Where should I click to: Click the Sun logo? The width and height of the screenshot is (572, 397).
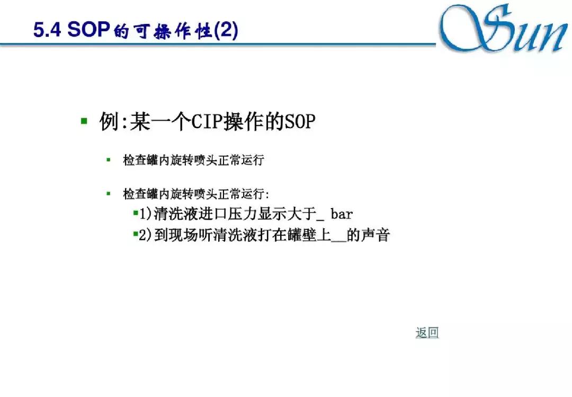click(503, 30)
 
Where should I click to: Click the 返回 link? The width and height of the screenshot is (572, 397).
click(427, 333)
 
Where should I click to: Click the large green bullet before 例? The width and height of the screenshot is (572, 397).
click(84, 121)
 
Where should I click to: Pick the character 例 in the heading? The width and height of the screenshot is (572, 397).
click(109, 122)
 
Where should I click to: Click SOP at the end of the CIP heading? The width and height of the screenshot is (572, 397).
click(300, 122)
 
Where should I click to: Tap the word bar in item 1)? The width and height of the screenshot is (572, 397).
click(342, 214)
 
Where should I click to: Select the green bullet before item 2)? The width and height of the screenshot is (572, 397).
click(136, 234)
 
